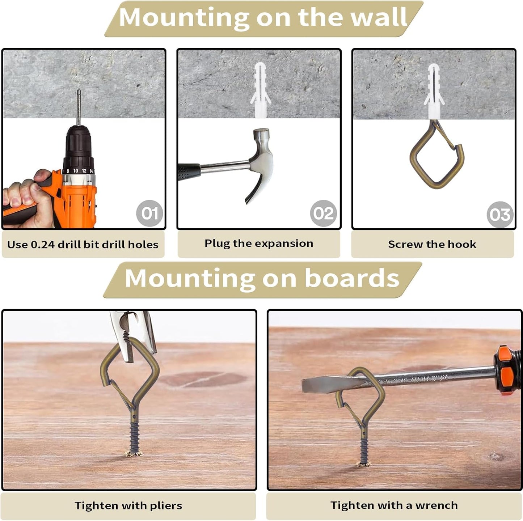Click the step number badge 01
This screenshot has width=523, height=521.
point(149,213)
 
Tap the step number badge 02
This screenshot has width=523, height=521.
point(324,213)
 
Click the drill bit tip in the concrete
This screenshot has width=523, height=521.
point(79,90)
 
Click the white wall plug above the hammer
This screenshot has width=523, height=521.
point(261,90)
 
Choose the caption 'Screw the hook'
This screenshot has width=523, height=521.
point(432,244)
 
